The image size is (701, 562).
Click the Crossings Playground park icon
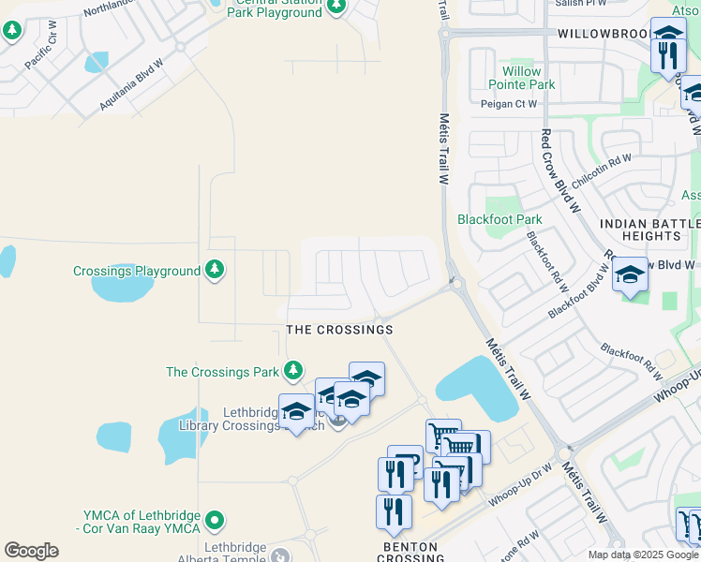[x=216, y=270]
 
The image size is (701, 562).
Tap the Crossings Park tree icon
[x=293, y=371]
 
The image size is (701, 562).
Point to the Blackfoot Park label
[x=500, y=219]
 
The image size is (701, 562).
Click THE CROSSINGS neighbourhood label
[x=339, y=330]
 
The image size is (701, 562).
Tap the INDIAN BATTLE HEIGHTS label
[x=649, y=230]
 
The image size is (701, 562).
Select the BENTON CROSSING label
[x=413, y=552]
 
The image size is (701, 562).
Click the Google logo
[x=32, y=550]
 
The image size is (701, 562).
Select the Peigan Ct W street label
[x=509, y=104]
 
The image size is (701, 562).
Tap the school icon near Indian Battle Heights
[x=630, y=276]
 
